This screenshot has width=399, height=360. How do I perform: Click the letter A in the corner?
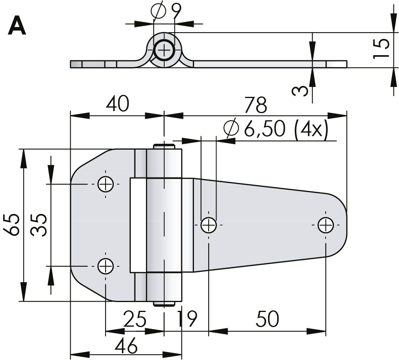point(17,27)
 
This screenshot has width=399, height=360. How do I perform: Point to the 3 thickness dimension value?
point(301,91)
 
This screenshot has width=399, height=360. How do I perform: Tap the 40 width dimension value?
point(117,104)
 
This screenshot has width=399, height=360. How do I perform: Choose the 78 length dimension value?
point(256,105)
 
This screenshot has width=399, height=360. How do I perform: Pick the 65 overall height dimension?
point(12,225)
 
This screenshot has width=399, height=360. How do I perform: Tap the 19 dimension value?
point(186,319)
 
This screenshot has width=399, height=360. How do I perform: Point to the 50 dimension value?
point(268,319)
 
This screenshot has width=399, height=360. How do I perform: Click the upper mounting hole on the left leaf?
point(106,184)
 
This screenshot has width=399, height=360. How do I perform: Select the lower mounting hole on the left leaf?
point(106,266)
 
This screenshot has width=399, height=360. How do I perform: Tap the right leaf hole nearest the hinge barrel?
point(208,225)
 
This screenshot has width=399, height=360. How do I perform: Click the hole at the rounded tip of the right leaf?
point(325,225)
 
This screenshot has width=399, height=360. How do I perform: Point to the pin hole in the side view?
point(163,50)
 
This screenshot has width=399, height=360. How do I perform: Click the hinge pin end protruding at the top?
point(163,146)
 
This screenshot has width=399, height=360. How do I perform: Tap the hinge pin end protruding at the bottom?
point(163,304)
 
